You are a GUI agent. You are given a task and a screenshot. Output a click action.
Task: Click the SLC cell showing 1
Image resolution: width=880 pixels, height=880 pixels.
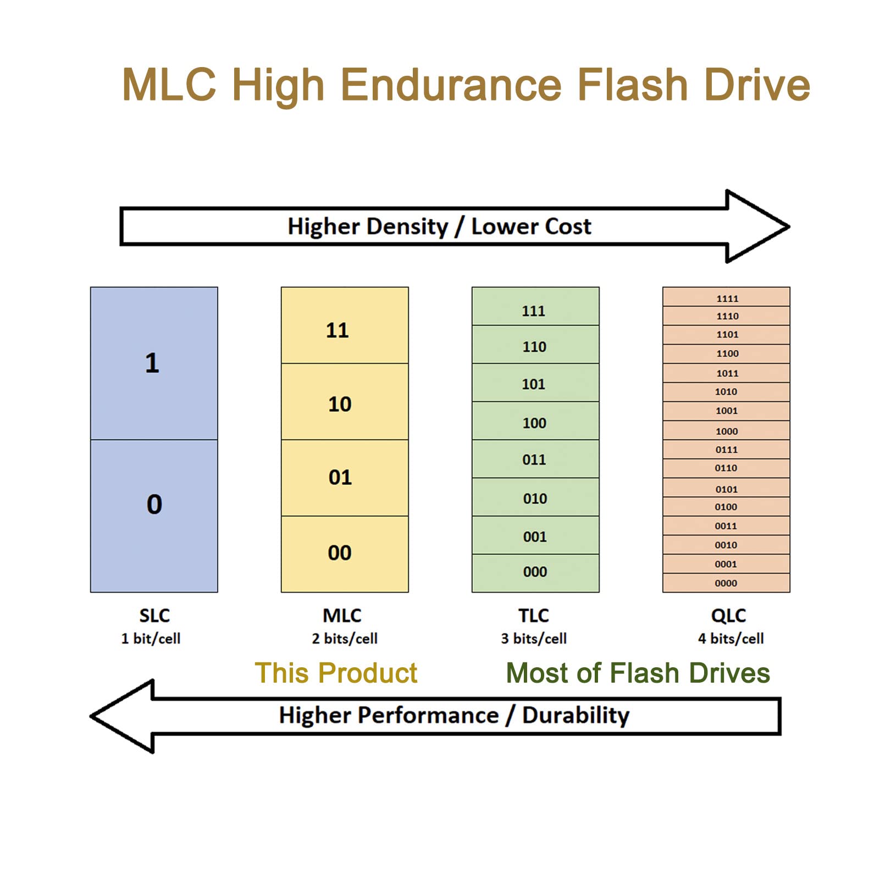coord(154,363)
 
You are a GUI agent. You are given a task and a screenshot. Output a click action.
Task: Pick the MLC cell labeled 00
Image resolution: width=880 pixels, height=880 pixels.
coord(345,554)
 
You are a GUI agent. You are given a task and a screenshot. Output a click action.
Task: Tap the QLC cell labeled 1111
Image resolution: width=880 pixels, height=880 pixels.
coord(726,297)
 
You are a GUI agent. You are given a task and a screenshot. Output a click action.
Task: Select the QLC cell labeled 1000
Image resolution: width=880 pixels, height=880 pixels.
coord(726,431)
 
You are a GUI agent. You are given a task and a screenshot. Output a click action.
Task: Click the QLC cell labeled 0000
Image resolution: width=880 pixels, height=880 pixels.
coord(726,583)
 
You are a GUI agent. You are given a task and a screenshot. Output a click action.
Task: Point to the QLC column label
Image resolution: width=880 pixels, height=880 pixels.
coord(728,616)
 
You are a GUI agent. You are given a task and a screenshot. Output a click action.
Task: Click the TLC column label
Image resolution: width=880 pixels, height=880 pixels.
coord(534,616)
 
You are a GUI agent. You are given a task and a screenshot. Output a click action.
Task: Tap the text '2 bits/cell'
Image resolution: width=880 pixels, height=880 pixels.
coord(345,639)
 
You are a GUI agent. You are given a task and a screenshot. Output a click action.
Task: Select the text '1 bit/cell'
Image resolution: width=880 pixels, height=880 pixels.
coord(151,639)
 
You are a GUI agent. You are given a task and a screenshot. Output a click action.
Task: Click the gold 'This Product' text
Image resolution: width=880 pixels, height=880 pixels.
coord(336,673)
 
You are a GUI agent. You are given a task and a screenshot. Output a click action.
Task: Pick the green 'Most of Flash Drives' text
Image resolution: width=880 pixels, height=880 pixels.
coord(638,673)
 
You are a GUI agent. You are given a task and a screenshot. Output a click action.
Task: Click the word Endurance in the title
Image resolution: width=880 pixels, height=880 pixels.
coord(451,85)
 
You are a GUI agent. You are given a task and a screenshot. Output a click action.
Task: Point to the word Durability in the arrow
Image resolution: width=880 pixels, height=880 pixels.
coord(575,716)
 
